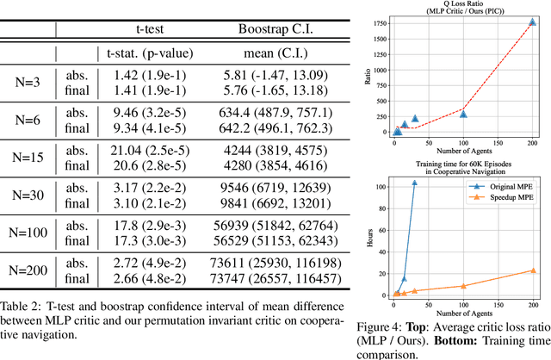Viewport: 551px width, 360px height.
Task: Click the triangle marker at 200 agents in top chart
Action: pyautogui.click(x=533, y=22)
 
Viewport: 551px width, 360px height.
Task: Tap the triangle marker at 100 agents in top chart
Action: pyautogui.click(x=463, y=114)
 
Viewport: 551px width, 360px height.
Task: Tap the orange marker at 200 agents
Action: pyautogui.click(x=533, y=270)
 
